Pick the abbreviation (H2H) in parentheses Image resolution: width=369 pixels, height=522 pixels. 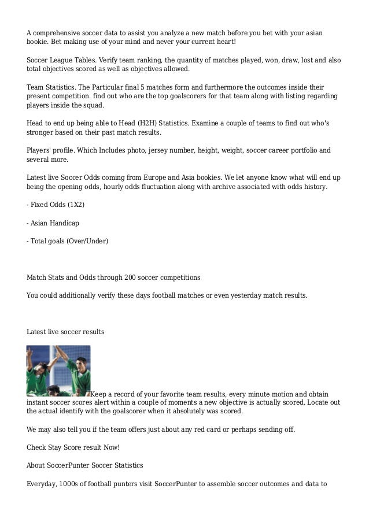pyautogui.click(x=131, y=123)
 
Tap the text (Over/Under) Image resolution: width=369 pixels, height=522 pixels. pyautogui.click(x=86, y=240)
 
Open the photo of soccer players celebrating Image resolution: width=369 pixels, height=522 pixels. pyautogui.click(x=58, y=371)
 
